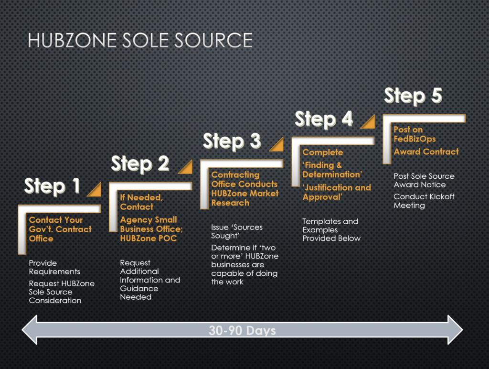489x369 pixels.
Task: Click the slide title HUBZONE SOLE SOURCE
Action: tap(139, 41)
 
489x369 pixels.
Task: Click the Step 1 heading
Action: tap(52, 186)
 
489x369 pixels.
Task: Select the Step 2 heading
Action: tap(140, 163)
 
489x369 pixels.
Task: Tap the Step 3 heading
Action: tap(232, 141)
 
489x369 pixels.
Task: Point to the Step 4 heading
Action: tap(323, 119)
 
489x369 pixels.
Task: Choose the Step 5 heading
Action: tap(413, 96)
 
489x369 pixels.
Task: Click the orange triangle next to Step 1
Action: tap(94, 190)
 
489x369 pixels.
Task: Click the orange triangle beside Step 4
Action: tap(368, 122)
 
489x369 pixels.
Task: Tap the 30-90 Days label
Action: tap(242, 330)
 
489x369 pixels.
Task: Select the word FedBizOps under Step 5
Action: tap(415, 139)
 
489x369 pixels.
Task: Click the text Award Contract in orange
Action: tap(426, 152)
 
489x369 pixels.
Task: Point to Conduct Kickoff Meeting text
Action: tap(424, 201)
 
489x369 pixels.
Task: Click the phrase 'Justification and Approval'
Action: tap(337, 192)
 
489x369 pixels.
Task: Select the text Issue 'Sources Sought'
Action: tap(237, 231)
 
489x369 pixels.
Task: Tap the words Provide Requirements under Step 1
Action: tap(54, 267)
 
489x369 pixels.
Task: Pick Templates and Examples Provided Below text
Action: tap(331, 229)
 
